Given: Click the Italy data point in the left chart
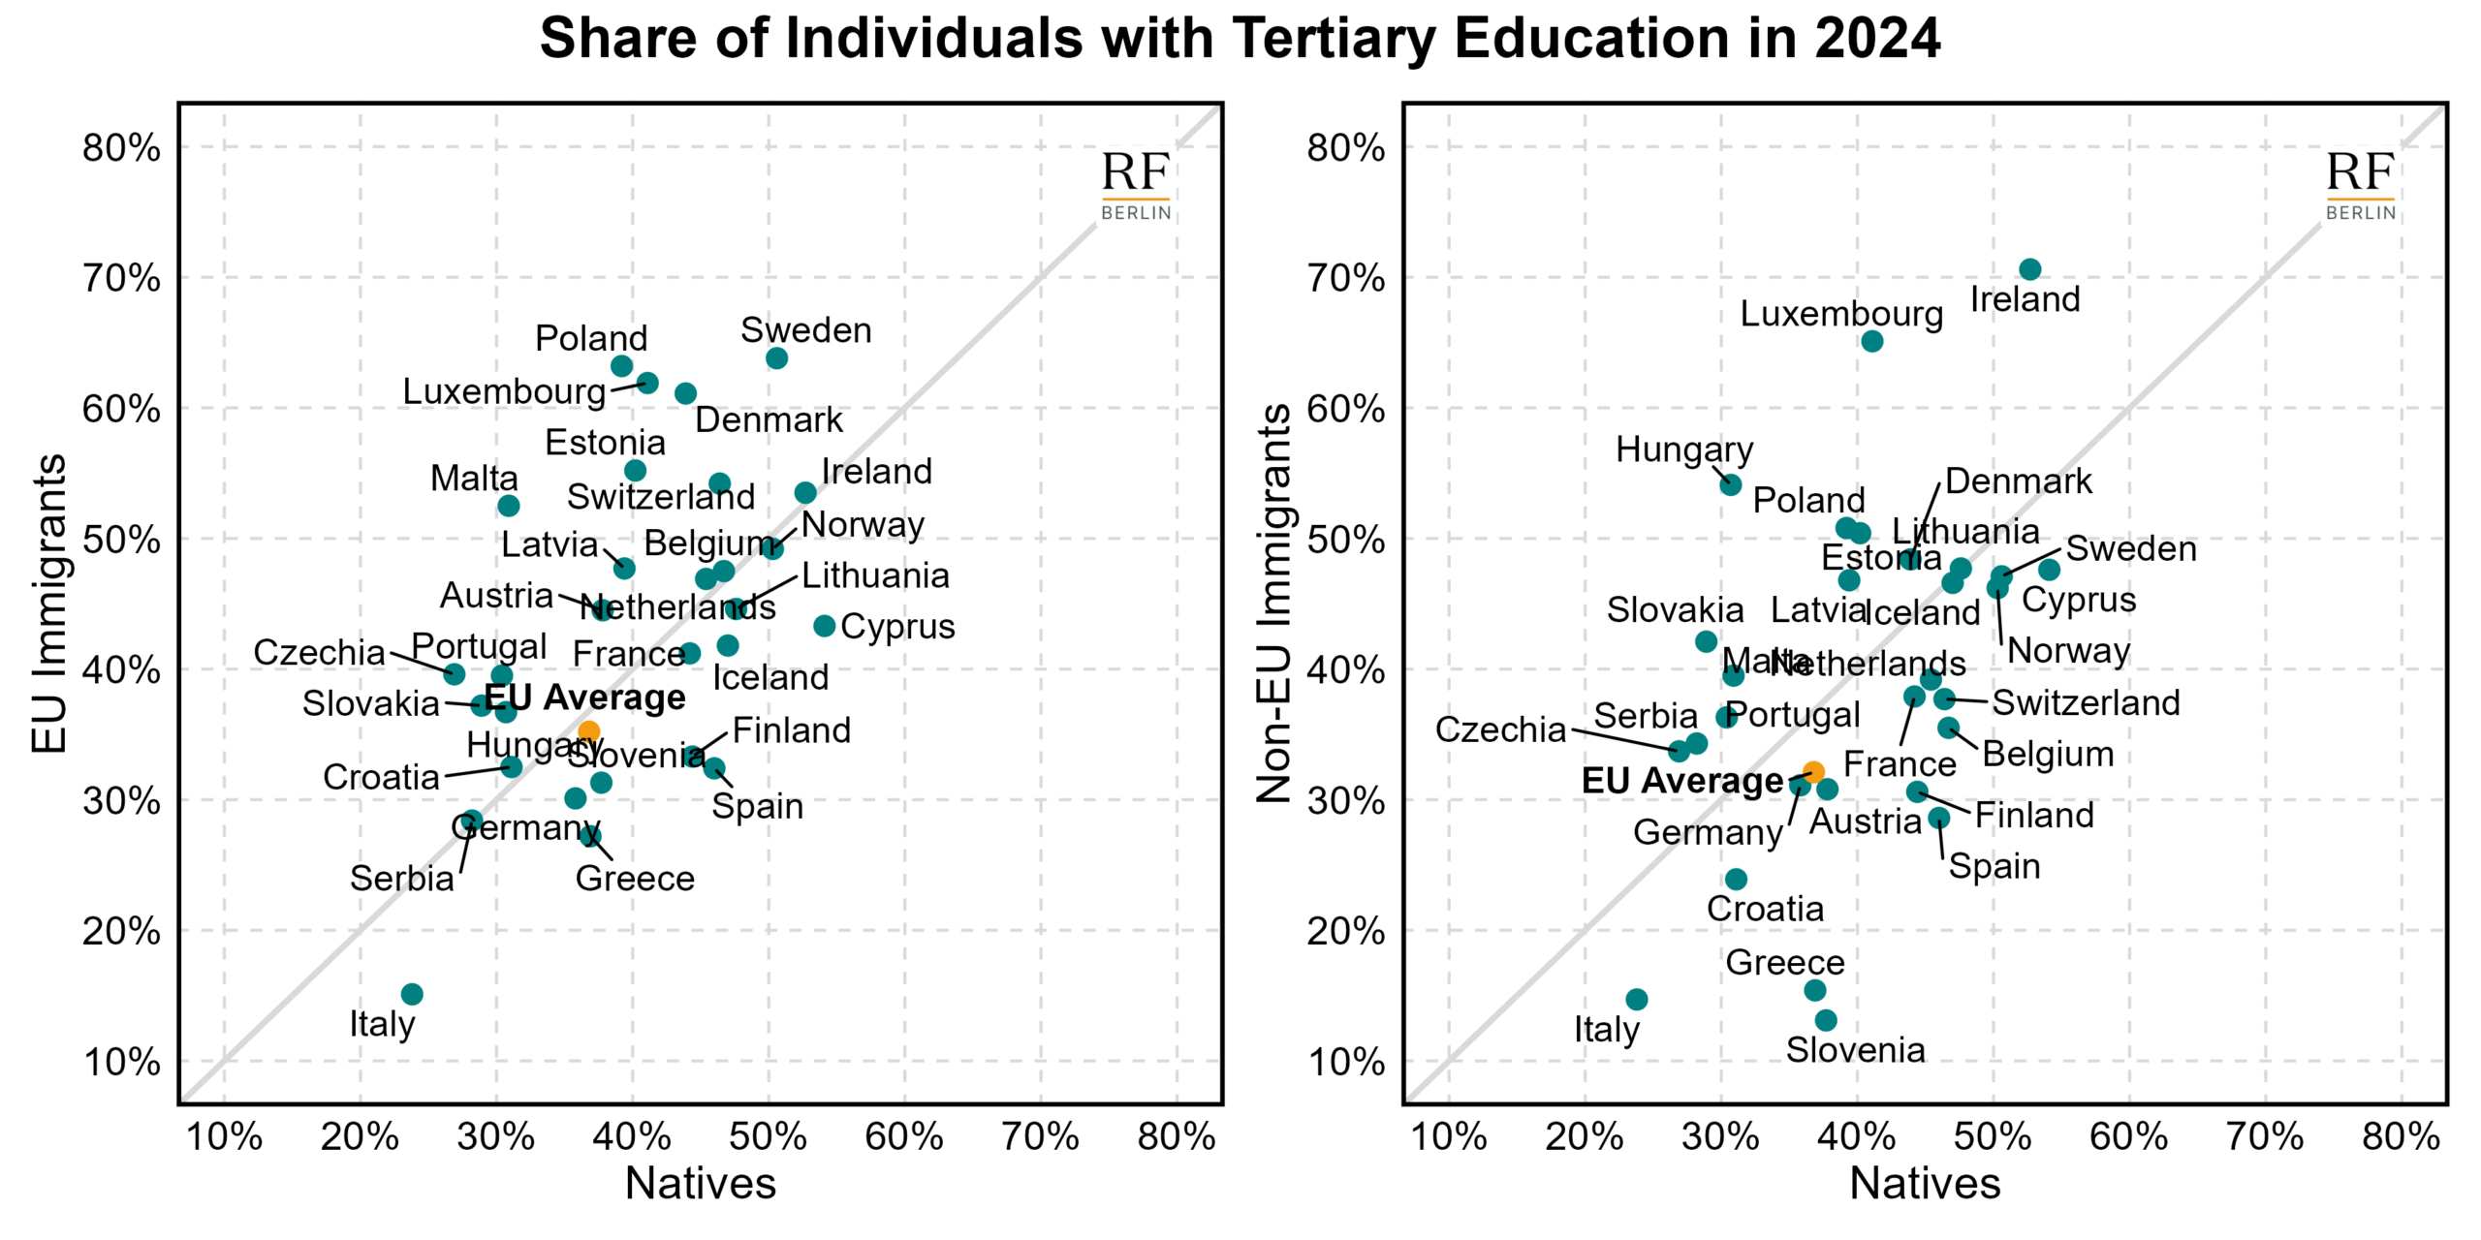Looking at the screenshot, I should [x=412, y=994].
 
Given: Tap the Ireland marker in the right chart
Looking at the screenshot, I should [x=2030, y=269].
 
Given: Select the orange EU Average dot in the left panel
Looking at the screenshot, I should [x=588, y=731].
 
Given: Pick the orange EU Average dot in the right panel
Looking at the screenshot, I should [x=1813, y=772].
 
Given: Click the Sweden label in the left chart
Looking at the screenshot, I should [x=805, y=330].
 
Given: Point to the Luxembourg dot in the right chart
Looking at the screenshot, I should [x=1872, y=341].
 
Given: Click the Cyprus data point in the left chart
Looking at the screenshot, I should [x=825, y=626].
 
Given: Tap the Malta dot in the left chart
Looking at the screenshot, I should [x=509, y=506].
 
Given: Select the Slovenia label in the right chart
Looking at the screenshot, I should [x=1855, y=1050].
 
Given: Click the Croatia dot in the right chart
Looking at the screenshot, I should [x=1737, y=879].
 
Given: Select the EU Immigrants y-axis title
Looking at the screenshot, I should [x=48, y=604].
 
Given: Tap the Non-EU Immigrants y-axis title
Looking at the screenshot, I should [x=1273, y=604].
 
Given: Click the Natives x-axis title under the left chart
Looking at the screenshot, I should [x=700, y=1184].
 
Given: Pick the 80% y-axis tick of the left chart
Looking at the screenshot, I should [x=121, y=148].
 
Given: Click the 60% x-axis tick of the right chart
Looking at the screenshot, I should [x=2129, y=1136].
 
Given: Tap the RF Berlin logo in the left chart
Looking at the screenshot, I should [x=1136, y=185].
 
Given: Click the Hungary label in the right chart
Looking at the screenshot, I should [x=1684, y=450].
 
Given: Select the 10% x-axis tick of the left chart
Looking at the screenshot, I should [x=224, y=1136].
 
